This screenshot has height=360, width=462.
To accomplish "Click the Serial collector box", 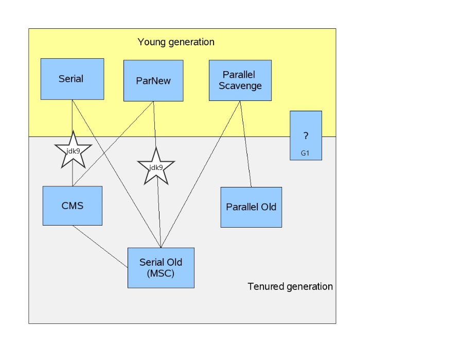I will pyautogui.click(x=72, y=79).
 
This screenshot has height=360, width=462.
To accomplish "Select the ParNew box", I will pyautogui.click(x=153, y=81).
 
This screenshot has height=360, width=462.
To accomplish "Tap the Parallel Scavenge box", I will pyautogui.click(x=240, y=80).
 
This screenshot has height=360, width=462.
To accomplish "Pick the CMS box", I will pyautogui.click(x=72, y=206).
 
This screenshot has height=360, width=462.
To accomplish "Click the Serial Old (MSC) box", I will pyautogui.click(x=161, y=268).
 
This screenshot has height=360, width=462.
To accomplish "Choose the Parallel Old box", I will pyautogui.click(x=251, y=207).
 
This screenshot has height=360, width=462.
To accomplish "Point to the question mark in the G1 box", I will pyautogui.click(x=306, y=136).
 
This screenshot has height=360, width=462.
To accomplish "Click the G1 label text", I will pyautogui.click(x=305, y=153).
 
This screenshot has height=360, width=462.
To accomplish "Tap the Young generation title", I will pyautogui.click(x=176, y=42).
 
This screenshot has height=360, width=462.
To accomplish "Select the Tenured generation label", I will pyautogui.click(x=290, y=286).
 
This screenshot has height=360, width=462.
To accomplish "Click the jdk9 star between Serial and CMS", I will pyautogui.click(x=73, y=150).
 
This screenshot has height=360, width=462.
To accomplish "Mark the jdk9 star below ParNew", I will pyautogui.click(x=156, y=167).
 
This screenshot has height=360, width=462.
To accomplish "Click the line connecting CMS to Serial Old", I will pyautogui.click(x=100, y=247).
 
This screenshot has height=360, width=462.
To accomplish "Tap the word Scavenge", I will pyautogui.click(x=240, y=86).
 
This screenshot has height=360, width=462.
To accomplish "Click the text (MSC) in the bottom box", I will pyautogui.click(x=161, y=273).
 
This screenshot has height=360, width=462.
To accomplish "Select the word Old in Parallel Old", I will pyautogui.click(x=268, y=207).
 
